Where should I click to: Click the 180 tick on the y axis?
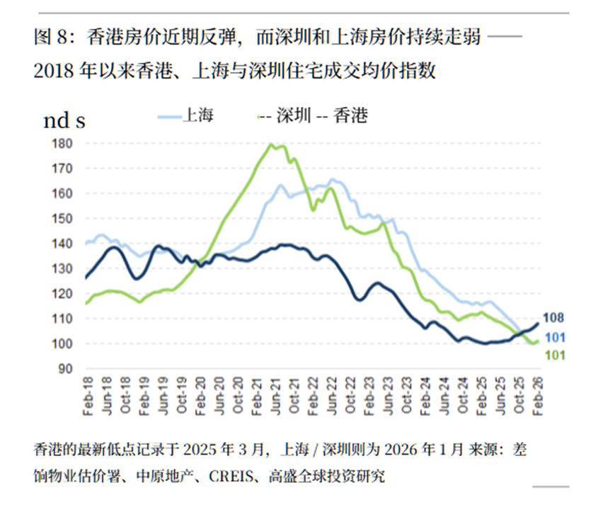pos(62,144)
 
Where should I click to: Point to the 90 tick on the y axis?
pos(66,369)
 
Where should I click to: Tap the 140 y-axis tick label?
pos(62,244)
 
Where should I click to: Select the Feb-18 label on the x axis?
pos(88,396)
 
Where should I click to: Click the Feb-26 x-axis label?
pos(537,396)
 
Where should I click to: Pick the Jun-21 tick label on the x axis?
pos(276,396)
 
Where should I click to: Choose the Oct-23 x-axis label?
pos(406,396)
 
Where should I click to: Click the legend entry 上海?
pos(198,115)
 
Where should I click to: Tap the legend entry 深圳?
pos(294,116)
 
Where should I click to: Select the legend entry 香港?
pos(350,116)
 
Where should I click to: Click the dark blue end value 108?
pos(553,318)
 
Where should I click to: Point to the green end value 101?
pos(555,355)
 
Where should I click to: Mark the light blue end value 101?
pos(555,338)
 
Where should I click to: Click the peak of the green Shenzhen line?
pos(270,144)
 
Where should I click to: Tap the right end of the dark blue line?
pos(538,323)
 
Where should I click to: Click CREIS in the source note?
pos(231,477)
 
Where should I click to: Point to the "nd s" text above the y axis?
pos(64,121)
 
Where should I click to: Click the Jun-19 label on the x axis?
pos(163,396)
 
